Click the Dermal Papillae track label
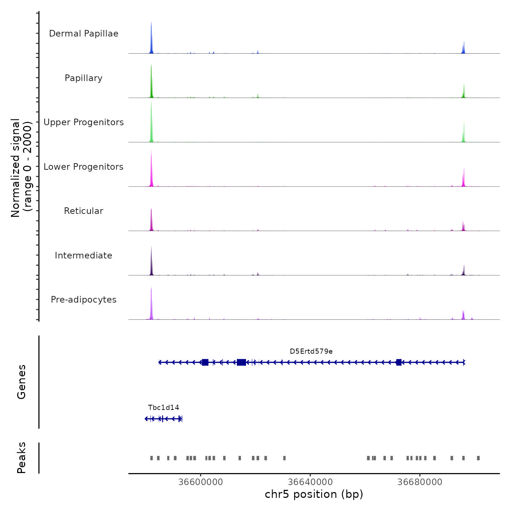pyautogui.click(x=84, y=34)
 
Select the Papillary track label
pyautogui.click(x=84, y=78)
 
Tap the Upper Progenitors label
pyautogui.click(x=84, y=122)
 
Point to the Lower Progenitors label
pyautogui.click(x=84, y=167)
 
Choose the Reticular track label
pyautogui.click(x=84, y=211)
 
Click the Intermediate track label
pyautogui.click(x=84, y=255)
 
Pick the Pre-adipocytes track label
pyautogui.click(x=84, y=300)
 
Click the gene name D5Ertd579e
pyautogui.click(x=311, y=351)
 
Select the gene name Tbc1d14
pyautogui.click(x=164, y=408)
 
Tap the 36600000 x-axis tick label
pyautogui.click(x=200, y=482)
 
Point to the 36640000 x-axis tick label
pyautogui.click(x=310, y=482)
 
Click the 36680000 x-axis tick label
pyautogui.click(x=420, y=482)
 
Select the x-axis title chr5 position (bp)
pyautogui.click(x=314, y=494)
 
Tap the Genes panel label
pyautogui.click(x=22, y=382)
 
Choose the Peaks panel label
pyautogui.click(x=22, y=458)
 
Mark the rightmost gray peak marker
pyautogui.click(x=478, y=458)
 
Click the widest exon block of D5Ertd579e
pyautogui.click(x=241, y=362)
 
